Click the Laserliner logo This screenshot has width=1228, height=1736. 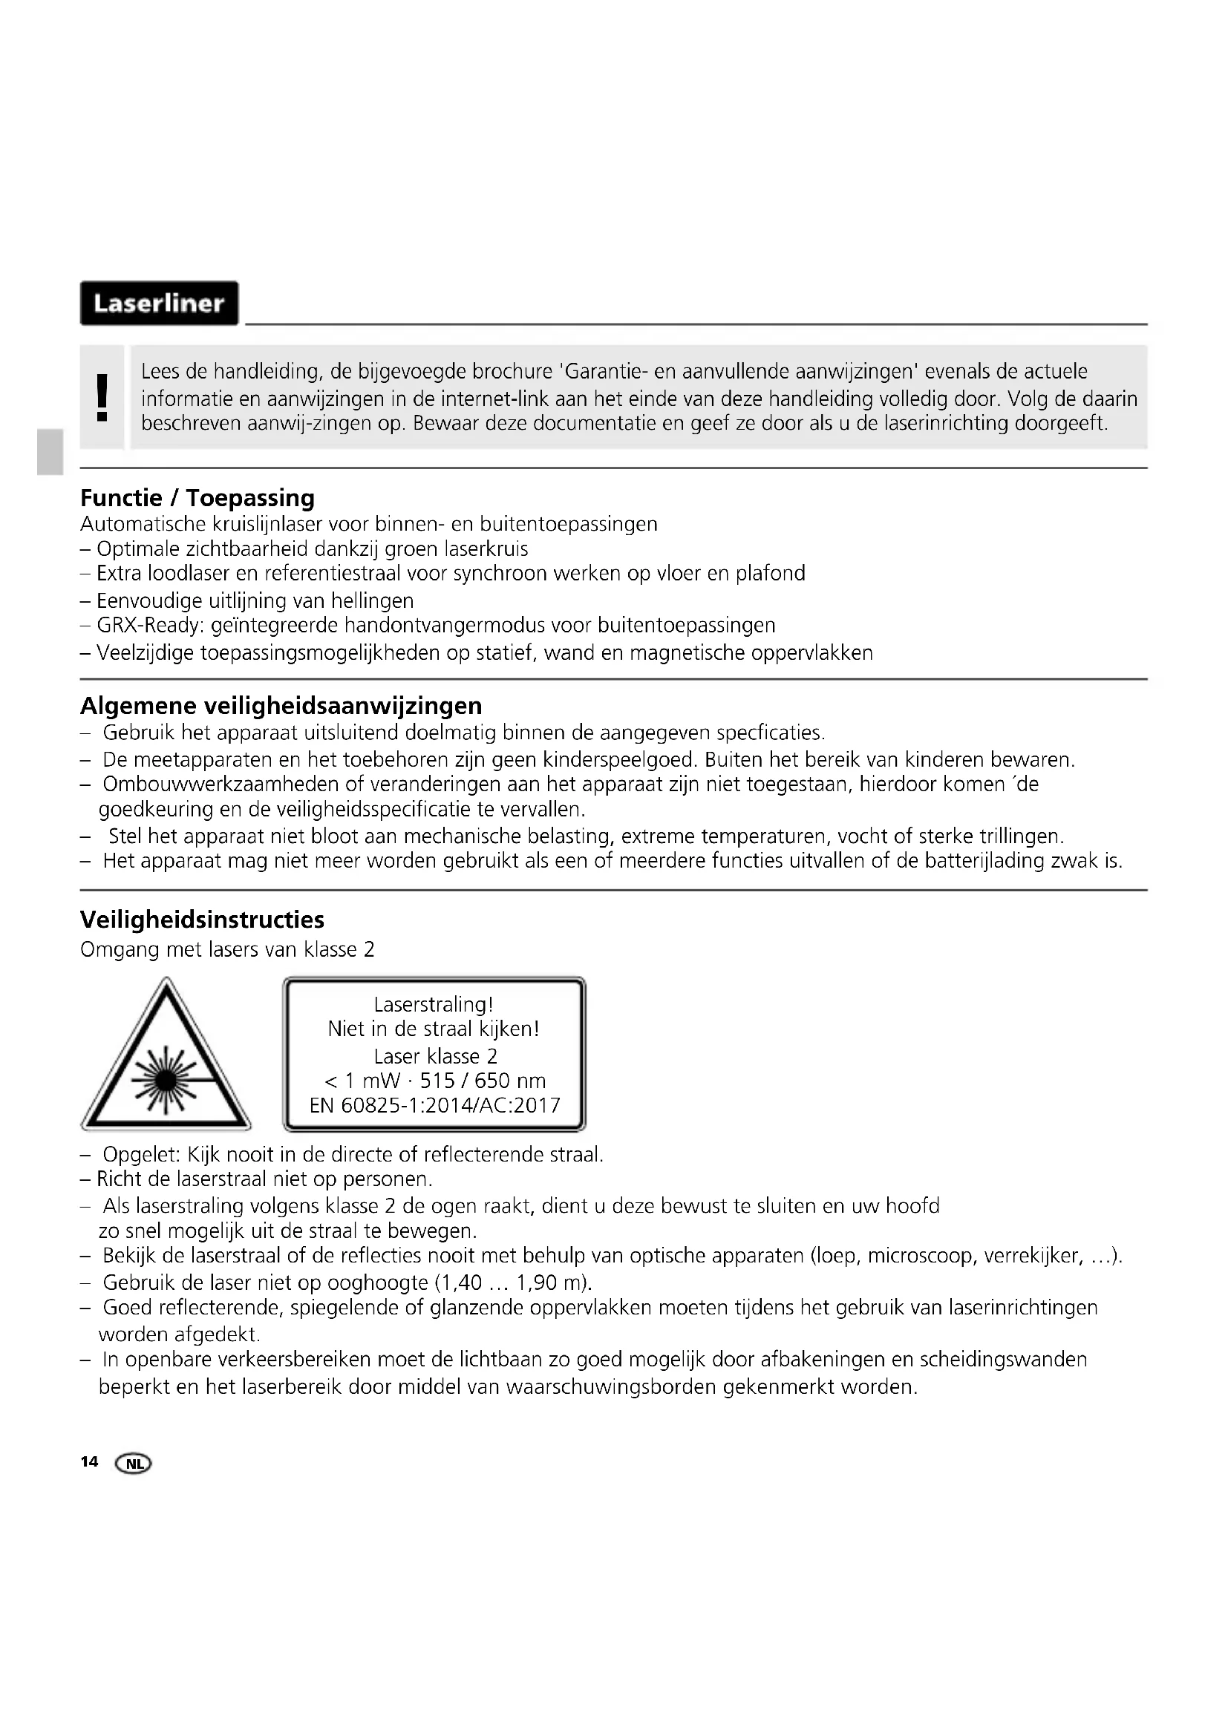[159, 304]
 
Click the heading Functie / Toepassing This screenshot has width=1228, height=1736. [197, 497]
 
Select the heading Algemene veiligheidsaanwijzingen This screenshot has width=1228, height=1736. [281, 705]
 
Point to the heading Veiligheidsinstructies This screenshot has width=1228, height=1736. [202, 920]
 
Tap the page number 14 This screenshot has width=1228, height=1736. [89, 1461]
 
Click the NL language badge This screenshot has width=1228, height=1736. [133, 1464]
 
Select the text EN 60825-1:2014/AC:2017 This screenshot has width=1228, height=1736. [435, 1105]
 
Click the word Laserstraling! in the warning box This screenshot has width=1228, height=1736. [434, 1004]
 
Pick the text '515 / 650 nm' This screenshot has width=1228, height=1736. [483, 1081]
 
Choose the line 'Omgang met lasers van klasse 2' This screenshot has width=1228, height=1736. [228, 950]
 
